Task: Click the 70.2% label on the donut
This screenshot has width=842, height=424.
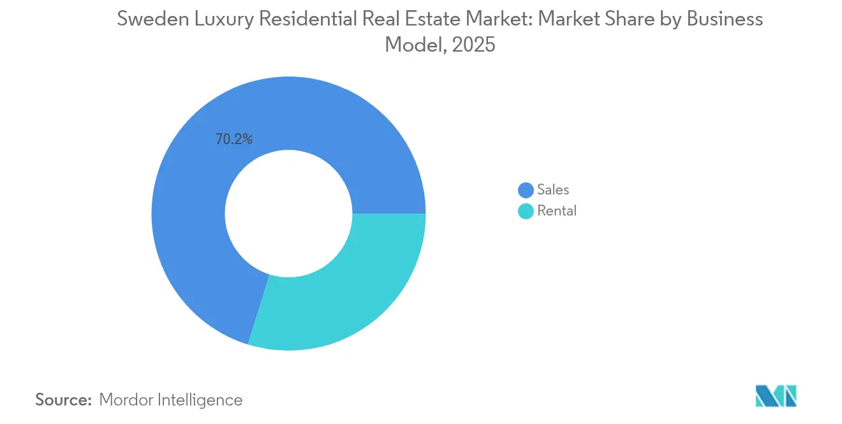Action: click(x=234, y=139)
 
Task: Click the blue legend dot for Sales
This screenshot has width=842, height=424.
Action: click(x=526, y=190)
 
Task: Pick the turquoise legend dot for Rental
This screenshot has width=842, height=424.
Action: click(x=526, y=211)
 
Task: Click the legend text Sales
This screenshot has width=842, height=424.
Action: click(x=553, y=189)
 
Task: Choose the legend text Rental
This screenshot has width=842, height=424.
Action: click(x=557, y=211)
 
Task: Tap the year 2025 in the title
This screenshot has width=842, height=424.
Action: click(x=474, y=45)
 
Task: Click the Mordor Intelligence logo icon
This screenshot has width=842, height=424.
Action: click(x=776, y=396)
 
